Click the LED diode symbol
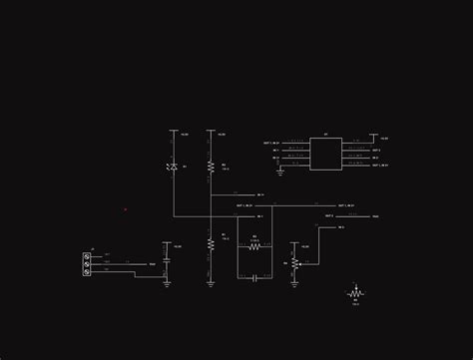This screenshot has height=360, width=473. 174,167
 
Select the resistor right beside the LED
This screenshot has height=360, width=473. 211,166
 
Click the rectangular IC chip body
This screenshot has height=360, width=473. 325,154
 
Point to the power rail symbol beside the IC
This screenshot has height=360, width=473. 373,136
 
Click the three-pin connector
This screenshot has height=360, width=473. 88,263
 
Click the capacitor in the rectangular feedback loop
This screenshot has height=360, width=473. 254,276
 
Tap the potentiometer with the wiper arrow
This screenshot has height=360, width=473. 294,263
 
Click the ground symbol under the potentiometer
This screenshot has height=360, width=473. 294,282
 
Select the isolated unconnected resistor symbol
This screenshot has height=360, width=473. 355,294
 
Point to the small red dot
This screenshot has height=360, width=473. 126,209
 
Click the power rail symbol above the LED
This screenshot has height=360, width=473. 174,131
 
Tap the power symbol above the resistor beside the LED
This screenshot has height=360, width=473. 211,131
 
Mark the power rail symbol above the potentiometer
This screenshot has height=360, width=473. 294,243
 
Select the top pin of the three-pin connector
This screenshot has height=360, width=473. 88,256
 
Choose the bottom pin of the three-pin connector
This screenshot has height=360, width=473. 88,270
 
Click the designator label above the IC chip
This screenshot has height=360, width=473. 325,135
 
